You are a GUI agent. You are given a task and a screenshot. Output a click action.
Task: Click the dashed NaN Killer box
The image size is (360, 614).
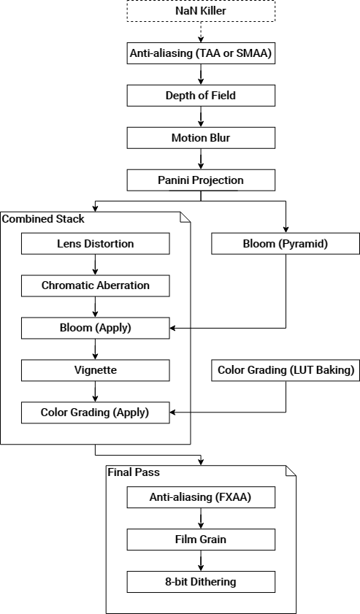tap(202, 11)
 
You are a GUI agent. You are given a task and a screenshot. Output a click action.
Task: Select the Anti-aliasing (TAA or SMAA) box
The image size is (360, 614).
tap(202, 53)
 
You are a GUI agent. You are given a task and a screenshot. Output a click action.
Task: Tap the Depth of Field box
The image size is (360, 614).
tap(202, 95)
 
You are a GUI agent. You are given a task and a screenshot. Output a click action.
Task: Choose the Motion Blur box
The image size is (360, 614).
tap(202, 137)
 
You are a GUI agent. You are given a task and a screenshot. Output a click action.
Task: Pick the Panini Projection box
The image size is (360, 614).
tap(202, 180)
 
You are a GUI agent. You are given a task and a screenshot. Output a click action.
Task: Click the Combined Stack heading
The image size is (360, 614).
tap(43, 219)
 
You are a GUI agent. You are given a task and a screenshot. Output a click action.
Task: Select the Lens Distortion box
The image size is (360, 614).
tap(96, 243)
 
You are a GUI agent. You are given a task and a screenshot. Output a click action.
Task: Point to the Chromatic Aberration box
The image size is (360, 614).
tap(96, 285)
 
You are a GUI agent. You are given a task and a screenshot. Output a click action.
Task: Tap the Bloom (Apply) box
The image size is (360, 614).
tap(96, 328)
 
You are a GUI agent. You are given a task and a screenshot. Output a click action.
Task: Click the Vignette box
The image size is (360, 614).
tap(96, 370)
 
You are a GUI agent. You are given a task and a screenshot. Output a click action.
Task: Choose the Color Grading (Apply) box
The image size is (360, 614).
tap(96, 412)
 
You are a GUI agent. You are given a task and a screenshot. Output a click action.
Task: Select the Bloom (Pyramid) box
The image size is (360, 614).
tap(286, 243)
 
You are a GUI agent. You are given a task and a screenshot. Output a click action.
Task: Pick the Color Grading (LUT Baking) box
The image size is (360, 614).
tap(286, 370)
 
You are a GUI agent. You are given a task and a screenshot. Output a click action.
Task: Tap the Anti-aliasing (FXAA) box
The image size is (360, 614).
tap(202, 497)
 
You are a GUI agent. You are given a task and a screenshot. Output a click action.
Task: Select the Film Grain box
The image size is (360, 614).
tap(202, 540)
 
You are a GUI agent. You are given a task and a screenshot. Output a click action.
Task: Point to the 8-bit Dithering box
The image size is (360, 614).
tap(202, 582)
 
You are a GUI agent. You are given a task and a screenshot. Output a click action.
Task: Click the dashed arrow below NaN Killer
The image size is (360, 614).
tap(202, 32)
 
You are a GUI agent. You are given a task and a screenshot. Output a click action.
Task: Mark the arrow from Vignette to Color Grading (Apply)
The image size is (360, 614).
tap(96, 391)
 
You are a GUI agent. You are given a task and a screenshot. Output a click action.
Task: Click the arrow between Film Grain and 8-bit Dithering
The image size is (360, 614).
tap(202, 561)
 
